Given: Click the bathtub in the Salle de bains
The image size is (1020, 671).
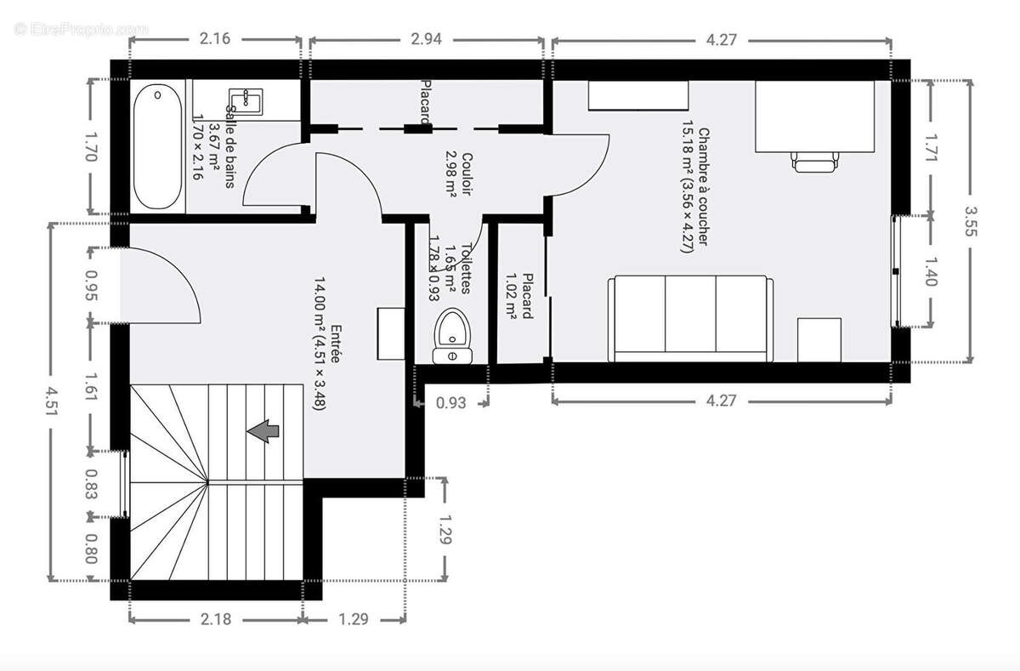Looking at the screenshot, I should point(157,145).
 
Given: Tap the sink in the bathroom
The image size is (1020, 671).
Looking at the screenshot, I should point(246,100).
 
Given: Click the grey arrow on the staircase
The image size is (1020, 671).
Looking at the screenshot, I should point(264,432).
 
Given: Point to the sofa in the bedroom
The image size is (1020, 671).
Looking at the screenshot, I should point(690,319).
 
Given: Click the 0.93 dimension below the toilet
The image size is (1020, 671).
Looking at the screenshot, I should point(450,403).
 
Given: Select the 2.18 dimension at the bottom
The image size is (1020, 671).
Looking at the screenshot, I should point(216,620).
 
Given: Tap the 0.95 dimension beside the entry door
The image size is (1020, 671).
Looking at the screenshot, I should point(92,286).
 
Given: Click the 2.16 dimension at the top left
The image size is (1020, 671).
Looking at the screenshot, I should point(215,39).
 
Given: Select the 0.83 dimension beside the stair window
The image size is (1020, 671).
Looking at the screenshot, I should point(92,485).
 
